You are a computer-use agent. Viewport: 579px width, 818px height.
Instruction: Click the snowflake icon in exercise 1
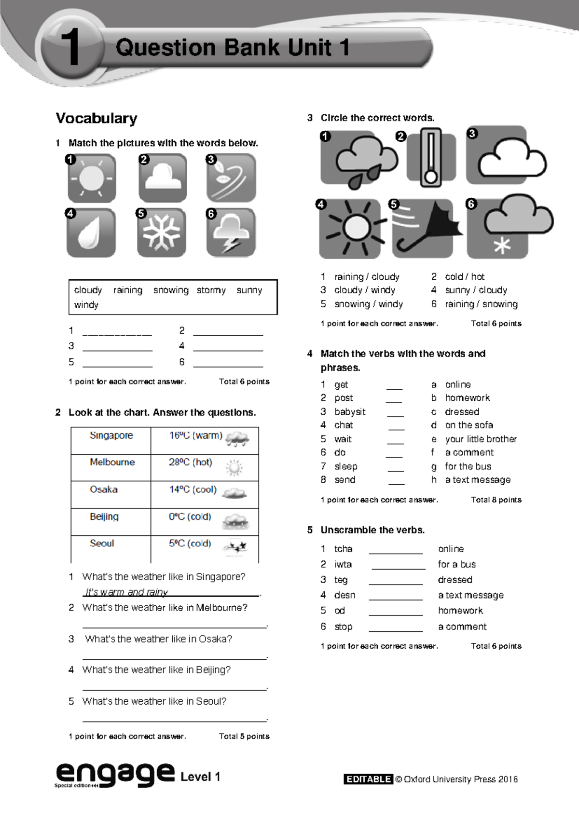161,232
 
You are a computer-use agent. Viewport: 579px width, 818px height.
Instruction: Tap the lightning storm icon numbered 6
231,232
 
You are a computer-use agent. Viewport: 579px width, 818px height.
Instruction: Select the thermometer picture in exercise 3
430,157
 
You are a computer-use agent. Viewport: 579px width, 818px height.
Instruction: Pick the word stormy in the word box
211,290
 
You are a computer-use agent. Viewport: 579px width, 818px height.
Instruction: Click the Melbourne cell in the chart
112,462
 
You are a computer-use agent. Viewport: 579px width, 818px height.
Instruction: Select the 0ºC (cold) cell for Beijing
190,517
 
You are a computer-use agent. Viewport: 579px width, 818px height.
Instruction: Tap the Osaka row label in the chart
103,490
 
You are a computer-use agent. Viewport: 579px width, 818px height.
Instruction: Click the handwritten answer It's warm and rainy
126,592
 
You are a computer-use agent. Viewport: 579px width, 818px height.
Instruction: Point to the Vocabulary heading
96,118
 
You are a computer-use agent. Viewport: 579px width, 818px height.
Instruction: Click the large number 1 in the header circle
70,47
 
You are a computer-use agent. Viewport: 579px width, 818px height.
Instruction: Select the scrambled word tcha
343,549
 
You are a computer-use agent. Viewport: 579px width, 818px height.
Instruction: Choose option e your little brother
480,439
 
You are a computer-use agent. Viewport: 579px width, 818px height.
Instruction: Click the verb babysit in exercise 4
350,411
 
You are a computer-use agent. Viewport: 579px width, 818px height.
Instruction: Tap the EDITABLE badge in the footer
368,779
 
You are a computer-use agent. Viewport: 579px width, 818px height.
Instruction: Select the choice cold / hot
464,276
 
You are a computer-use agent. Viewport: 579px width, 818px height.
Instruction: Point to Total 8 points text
496,500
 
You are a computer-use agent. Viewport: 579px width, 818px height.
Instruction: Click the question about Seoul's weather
154,701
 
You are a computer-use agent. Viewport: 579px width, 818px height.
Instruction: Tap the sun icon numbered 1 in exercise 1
91,178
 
